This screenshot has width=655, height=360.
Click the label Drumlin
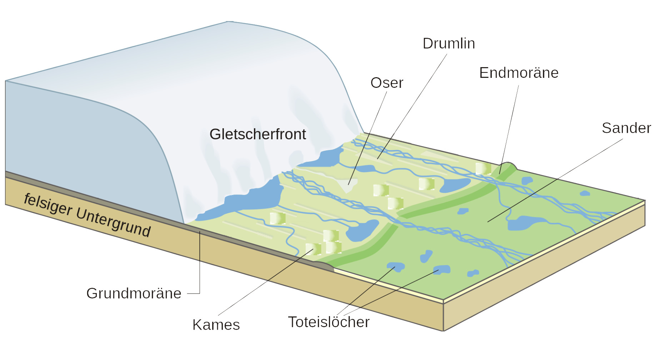click(x=449, y=44)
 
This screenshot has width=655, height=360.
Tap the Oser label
click(x=387, y=83)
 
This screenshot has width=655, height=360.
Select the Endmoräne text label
click(x=519, y=73)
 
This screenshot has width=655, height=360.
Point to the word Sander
click(x=626, y=128)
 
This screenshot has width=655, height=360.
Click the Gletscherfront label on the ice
click(x=257, y=134)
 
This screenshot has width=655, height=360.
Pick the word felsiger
click(x=48, y=204)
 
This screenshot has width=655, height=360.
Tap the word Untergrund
click(x=114, y=222)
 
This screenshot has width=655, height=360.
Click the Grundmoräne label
click(x=134, y=293)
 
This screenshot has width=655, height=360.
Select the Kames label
click(x=216, y=325)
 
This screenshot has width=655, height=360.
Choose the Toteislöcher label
click(x=329, y=322)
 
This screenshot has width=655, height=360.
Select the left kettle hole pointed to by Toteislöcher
click(x=396, y=266)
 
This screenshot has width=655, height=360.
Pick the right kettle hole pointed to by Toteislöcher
click(x=442, y=269)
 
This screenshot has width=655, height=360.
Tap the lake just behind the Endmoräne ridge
click(x=454, y=185)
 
